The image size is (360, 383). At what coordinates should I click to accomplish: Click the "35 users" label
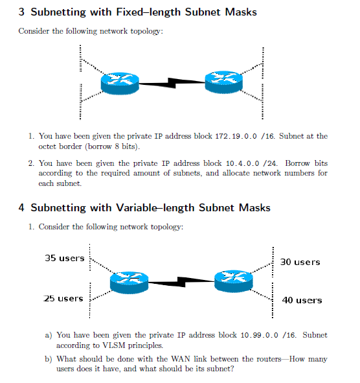(x=65, y=258)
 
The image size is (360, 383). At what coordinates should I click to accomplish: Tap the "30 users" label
(x=300, y=262)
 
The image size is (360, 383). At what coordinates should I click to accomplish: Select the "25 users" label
(x=63, y=298)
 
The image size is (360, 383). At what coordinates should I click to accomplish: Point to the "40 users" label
(x=302, y=300)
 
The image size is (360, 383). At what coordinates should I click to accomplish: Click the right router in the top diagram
(x=222, y=81)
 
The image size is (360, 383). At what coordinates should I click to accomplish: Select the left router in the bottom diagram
(x=129, y=281)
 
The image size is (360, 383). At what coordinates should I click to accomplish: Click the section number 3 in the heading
(x=22, y=12)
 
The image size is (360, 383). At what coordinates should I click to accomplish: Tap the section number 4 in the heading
(x=22, y=208)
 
